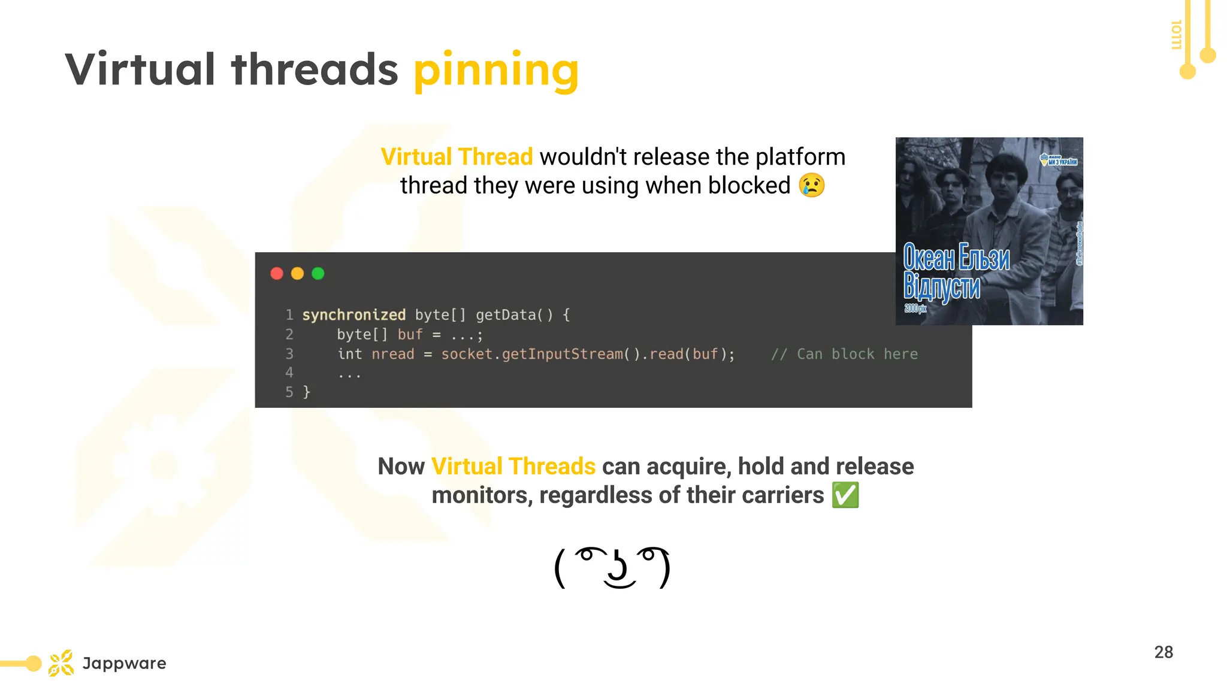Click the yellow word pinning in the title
496,71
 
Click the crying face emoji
812,185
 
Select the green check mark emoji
845,495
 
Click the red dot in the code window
277,274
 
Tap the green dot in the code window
318,274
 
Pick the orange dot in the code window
297,274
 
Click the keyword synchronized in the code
353,315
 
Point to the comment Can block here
845,354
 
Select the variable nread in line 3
392,354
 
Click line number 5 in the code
289,392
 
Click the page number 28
1163,652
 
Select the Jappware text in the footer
124,663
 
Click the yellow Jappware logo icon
61,663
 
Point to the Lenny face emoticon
612,567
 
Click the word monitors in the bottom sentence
481,495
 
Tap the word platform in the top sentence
800,157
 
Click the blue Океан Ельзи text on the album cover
956,258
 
